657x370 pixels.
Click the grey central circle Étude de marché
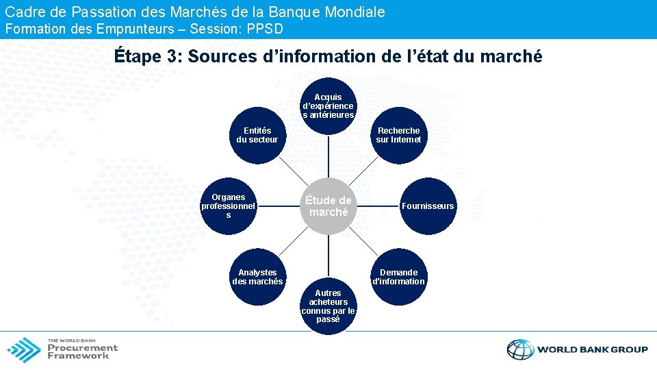(x=328, y=206)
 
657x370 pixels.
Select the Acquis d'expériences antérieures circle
(x=328, y=106)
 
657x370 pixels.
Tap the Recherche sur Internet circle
(x=398, y=135)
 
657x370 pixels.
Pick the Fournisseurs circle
(x=427, y=206)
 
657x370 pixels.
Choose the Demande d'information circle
(x=398, y=276)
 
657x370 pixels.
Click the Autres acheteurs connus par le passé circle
(x=328, y=306)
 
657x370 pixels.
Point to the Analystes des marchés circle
(x=257, y=276)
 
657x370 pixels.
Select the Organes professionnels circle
(x=229, y=206)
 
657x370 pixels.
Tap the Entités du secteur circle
(x=257, y=135)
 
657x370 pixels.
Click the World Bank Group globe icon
(x=520, y=349)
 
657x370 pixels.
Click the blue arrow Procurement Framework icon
(x=24, y=349)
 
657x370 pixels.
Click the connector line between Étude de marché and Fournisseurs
(x=377, y=206)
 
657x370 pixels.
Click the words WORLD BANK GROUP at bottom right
(x=593, y=349)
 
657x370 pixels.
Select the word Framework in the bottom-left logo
(x=78, y=356)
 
